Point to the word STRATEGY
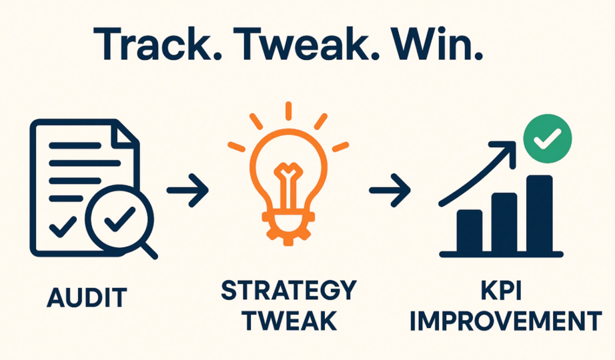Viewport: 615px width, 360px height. click(x=288, y=291)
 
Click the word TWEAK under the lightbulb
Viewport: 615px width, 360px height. click(x=288, y=321)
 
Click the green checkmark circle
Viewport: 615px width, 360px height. click(x=547, y=140)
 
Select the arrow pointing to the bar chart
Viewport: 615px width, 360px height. click(x=390, y=191)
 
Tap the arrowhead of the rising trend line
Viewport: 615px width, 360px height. click(x=511, y=148)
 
